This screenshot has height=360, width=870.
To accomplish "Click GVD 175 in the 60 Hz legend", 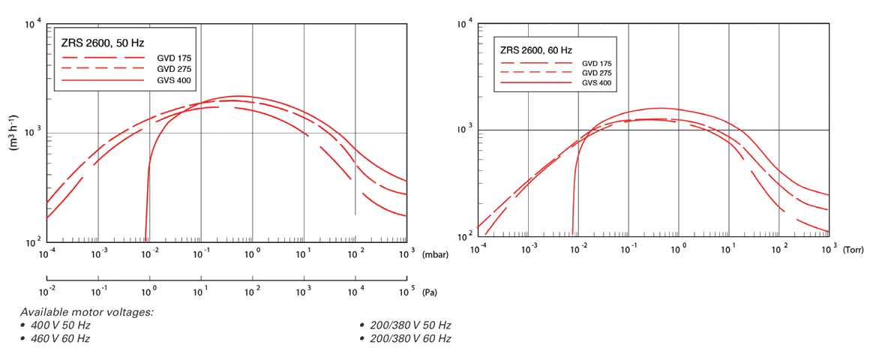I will click(596, 63).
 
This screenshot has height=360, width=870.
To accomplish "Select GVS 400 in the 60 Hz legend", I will click(596, 83).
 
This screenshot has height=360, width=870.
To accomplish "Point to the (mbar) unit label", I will click(435, 255).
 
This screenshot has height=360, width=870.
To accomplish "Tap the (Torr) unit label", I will click(853, 248).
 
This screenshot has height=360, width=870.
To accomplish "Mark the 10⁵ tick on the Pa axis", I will click(406, 289).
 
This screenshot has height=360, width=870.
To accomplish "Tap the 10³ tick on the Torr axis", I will click(829, 247).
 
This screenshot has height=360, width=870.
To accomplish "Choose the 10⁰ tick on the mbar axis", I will click(252, 254).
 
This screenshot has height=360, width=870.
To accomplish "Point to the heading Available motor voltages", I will click(87, 312).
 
